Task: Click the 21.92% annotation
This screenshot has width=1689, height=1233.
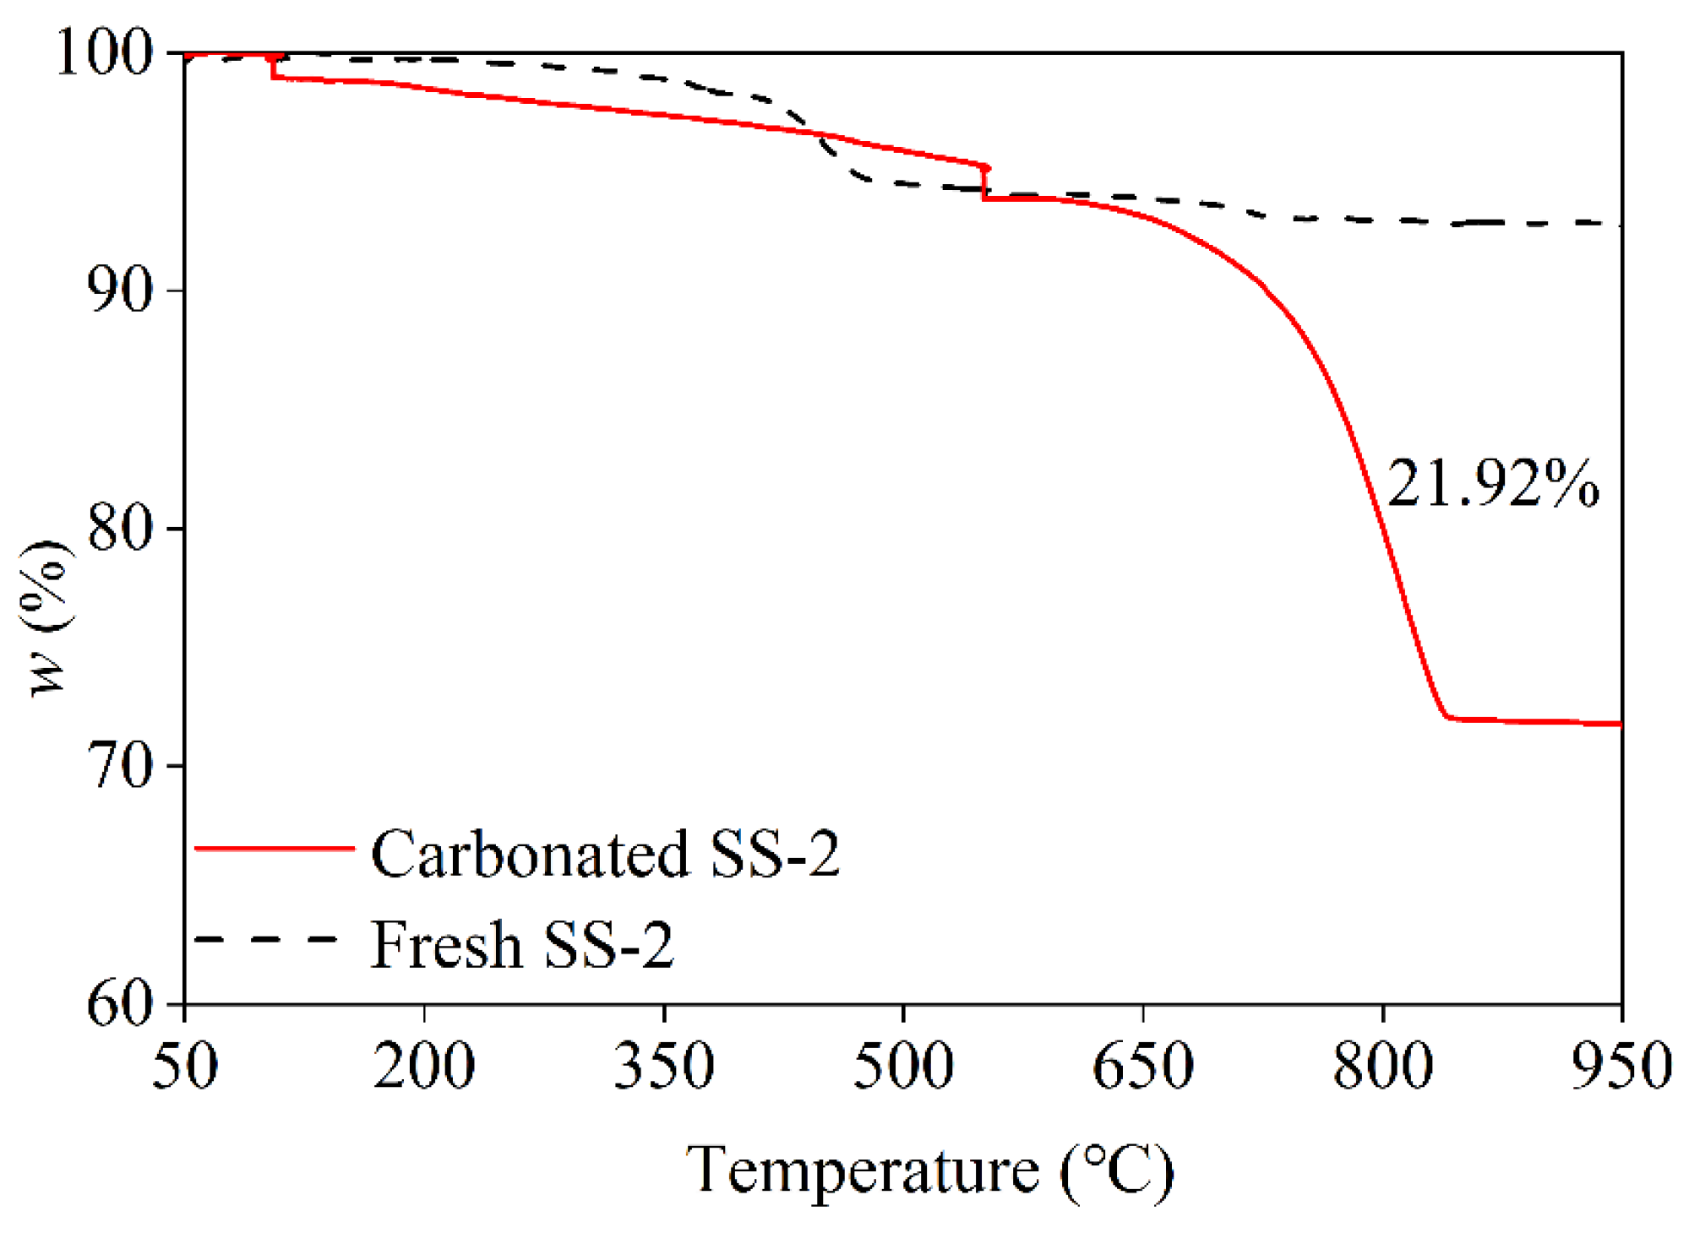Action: (1492, 485)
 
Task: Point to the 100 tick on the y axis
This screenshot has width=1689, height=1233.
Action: (104, 52)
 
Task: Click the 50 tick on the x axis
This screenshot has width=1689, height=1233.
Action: (184, 1066)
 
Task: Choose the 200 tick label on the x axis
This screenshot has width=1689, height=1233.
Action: (423, 1066)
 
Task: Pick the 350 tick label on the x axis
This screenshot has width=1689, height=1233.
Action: (664, 1066)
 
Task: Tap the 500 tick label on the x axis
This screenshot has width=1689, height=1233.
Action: (903, 1066)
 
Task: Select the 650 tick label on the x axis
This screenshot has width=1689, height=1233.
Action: (1143, 1066)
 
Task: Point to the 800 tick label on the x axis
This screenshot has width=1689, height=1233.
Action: (1382, 1066)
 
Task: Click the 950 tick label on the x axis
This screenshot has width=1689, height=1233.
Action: (1621, 1066)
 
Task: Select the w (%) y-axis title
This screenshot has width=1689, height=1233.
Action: (46, 616)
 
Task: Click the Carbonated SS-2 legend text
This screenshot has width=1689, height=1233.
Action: (605, 854)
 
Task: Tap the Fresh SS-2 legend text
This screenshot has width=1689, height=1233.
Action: (521, 944)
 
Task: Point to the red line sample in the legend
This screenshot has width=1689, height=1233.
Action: (275, 848)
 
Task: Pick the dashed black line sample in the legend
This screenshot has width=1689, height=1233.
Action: (266, 938)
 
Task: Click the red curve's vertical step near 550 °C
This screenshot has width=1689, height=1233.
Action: (984, 183)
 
